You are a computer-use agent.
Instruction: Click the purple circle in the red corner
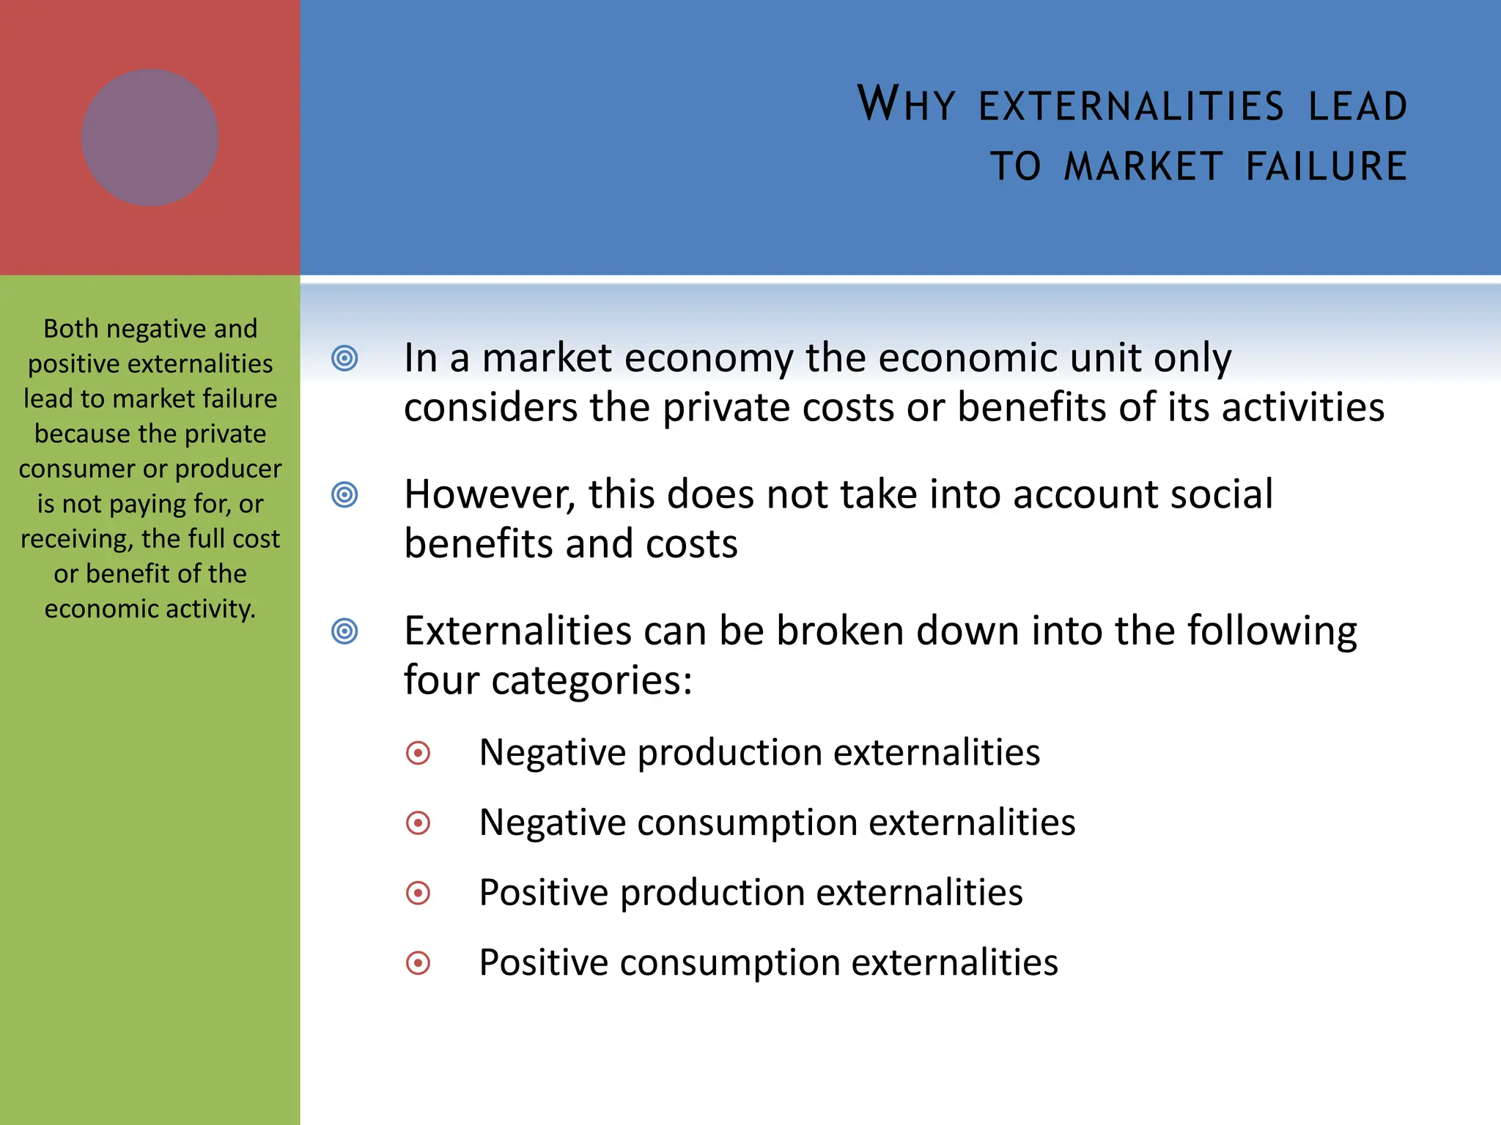click(x=150, y=138)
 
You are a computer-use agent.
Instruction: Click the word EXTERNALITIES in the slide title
click(x=1131, y=106)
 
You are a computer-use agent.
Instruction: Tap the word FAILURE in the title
click(x=1327, y=166)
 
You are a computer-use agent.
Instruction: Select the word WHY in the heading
click(x=907, y=104)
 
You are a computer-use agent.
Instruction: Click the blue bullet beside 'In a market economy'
click(x=344, y=358)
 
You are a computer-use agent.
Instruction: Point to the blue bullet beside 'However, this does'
click(x=344, y=494)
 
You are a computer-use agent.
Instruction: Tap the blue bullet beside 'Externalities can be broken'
click(x=344, y=631)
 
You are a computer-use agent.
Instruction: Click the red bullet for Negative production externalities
click(x=418, y=753)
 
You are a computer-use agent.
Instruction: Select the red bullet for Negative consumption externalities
click(x=418, y=823)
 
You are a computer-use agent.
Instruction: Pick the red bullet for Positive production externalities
click(x=418, y=893)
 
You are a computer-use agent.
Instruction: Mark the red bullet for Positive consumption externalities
click(x=418, y=963)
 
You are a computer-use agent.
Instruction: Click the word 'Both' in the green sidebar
click(x=70, y=329)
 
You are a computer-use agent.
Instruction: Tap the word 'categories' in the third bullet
click(x=591, y=680)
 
